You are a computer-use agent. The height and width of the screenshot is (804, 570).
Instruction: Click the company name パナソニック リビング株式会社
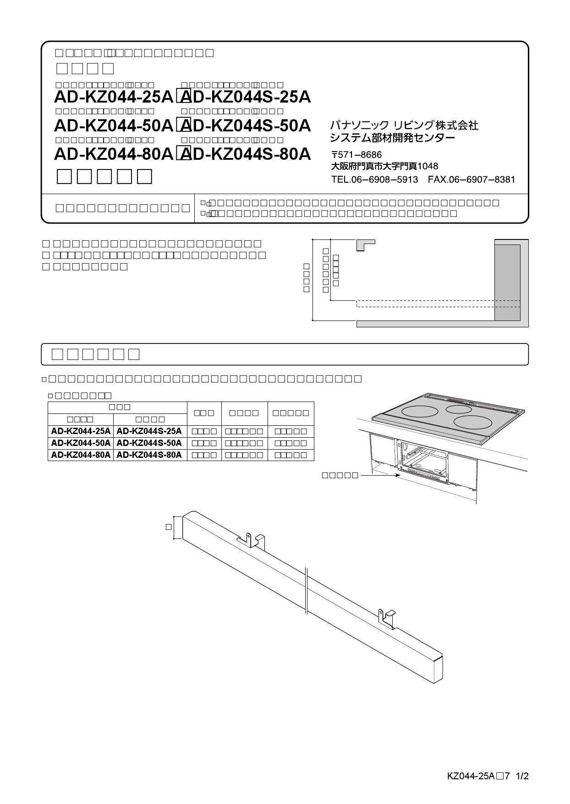(x=404, y=125)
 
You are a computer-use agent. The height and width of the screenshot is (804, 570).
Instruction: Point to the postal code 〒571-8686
(x=356, y=155)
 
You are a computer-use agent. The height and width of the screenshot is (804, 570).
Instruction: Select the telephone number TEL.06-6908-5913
(x=374, y=179)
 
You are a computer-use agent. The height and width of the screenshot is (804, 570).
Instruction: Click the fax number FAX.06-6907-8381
(x=471, y=179)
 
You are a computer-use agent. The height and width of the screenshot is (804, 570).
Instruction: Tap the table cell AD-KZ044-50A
(x=81, y=443)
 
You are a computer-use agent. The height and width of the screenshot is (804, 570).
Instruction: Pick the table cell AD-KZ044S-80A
(x=149, y=455)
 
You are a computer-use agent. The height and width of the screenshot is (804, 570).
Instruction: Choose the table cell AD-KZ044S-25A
(x=149, y=431)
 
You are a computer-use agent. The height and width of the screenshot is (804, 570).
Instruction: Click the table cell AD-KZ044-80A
(x=81, y=455)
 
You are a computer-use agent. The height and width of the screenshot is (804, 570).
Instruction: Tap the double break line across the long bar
(x=306, y=590)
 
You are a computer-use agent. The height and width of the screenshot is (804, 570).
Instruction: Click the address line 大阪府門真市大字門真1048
(x=384, y=166)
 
